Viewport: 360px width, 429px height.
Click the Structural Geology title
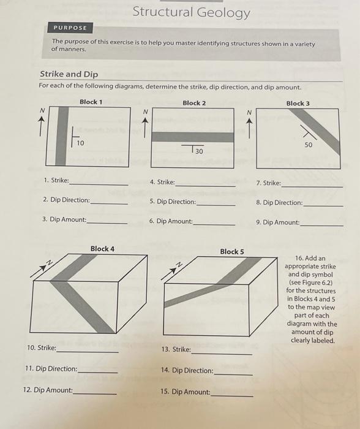click(x=192, y=13)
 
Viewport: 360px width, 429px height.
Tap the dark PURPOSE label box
click(x=70, y=28)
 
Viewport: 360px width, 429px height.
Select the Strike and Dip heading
click(x=69, y=74)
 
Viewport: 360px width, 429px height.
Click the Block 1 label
click(x=91, y=102)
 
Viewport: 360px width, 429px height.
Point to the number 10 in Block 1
click(x=80, y=143)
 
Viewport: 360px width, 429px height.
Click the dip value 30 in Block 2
click(x=199, y=151)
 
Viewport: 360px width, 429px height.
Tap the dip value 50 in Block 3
click(x=309, y=145)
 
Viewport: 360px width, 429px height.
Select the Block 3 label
click(x=298, y=104)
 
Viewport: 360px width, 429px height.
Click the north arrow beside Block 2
click(x=145, y=127)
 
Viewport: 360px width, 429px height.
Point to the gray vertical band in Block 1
click(x=62, y=136)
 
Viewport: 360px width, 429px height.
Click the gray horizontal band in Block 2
click(x=193, y=137)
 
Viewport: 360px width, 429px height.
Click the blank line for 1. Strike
click(x=99, y=185)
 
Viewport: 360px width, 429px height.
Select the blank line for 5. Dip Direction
click(x=216, y=205)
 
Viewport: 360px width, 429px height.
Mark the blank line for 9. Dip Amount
click(x=321, y=226)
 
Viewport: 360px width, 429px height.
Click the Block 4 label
click(x=102, y=249)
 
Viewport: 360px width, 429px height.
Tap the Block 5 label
click(x=232, y=251)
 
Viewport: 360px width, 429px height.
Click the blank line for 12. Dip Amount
click(x=94, y=393)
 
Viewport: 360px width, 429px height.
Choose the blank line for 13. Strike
click(x=222, y=354)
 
